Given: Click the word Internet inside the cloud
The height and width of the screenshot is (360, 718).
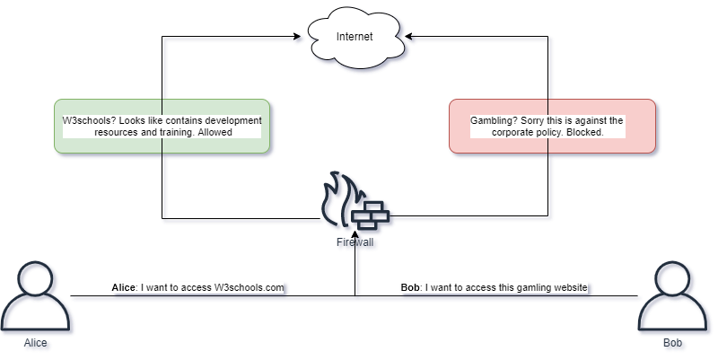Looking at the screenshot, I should [x=355, y=37].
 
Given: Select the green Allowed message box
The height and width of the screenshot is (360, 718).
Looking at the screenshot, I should [x=162, y=126].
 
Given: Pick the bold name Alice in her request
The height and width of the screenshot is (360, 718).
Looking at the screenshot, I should [x=123, y=288].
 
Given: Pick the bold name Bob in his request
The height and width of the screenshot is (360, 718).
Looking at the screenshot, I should [x=410, y=288].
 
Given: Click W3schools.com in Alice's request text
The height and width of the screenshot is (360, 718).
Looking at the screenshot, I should [x=249, y=288].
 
